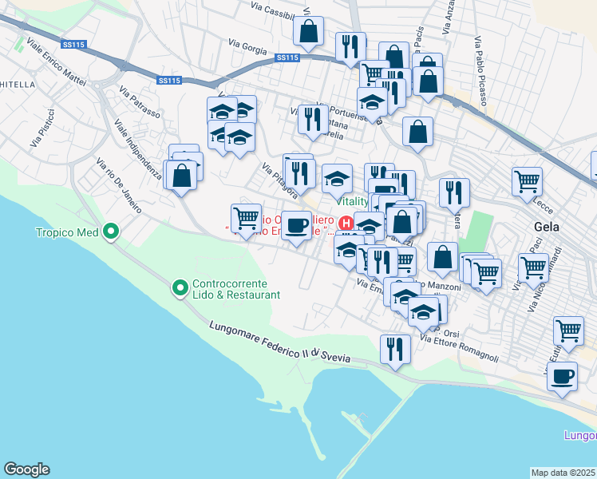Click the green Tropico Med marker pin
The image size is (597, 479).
112,233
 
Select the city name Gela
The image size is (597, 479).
547,226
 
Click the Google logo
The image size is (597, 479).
26,469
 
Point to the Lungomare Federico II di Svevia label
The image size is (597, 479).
279,342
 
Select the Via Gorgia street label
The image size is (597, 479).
247,48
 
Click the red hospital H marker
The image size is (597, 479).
346,223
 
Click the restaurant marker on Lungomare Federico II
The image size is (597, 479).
395,349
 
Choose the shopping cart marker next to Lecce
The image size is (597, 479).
528,182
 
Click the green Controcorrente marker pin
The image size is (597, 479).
180,286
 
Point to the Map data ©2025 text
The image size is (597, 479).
563,473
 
